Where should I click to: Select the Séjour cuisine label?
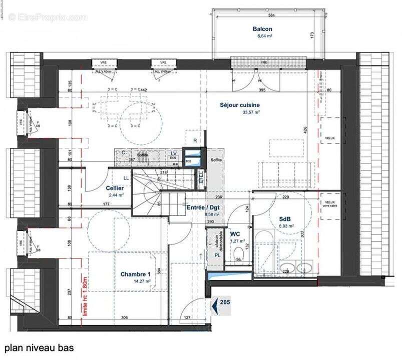click(x=240, y=105)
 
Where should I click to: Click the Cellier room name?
click(x=115, y=188)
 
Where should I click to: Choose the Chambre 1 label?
click(x=135, y=274)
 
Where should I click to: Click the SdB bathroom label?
click(x=286, y=219)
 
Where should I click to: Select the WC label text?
click(x=235, y=233)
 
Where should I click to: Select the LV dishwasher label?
click(x=174, y=153)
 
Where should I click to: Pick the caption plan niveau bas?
click(x=39, y=347)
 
